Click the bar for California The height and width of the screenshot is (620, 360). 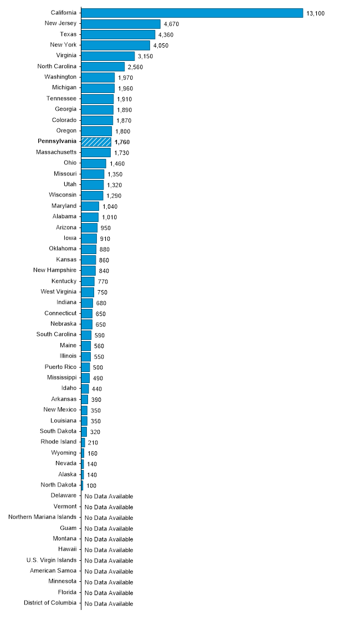click(192, 13)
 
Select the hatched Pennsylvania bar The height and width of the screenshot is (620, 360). click(96, 142)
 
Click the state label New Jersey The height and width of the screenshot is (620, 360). click(60, 23)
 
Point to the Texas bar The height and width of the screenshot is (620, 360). click(118, 34)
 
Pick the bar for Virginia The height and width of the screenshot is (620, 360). click(107, 56)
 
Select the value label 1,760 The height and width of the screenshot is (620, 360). click(122, 142)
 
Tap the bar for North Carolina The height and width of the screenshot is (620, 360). click(102, 66)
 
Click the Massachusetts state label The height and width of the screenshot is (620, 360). click(56, 152)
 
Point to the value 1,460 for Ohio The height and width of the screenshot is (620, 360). click(117, 164)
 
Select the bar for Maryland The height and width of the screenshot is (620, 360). click(90, 206)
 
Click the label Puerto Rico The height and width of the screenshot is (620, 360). click(60, 367)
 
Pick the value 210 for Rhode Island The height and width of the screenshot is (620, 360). click(92, 443)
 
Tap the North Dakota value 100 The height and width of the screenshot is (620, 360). click(91, 485)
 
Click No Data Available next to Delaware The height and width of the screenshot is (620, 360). click(109, 496)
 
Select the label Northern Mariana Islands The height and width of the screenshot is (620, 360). click(43, 517)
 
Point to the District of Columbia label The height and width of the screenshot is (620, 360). click(50, 603)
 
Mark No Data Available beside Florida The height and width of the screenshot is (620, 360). click(109, 593)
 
